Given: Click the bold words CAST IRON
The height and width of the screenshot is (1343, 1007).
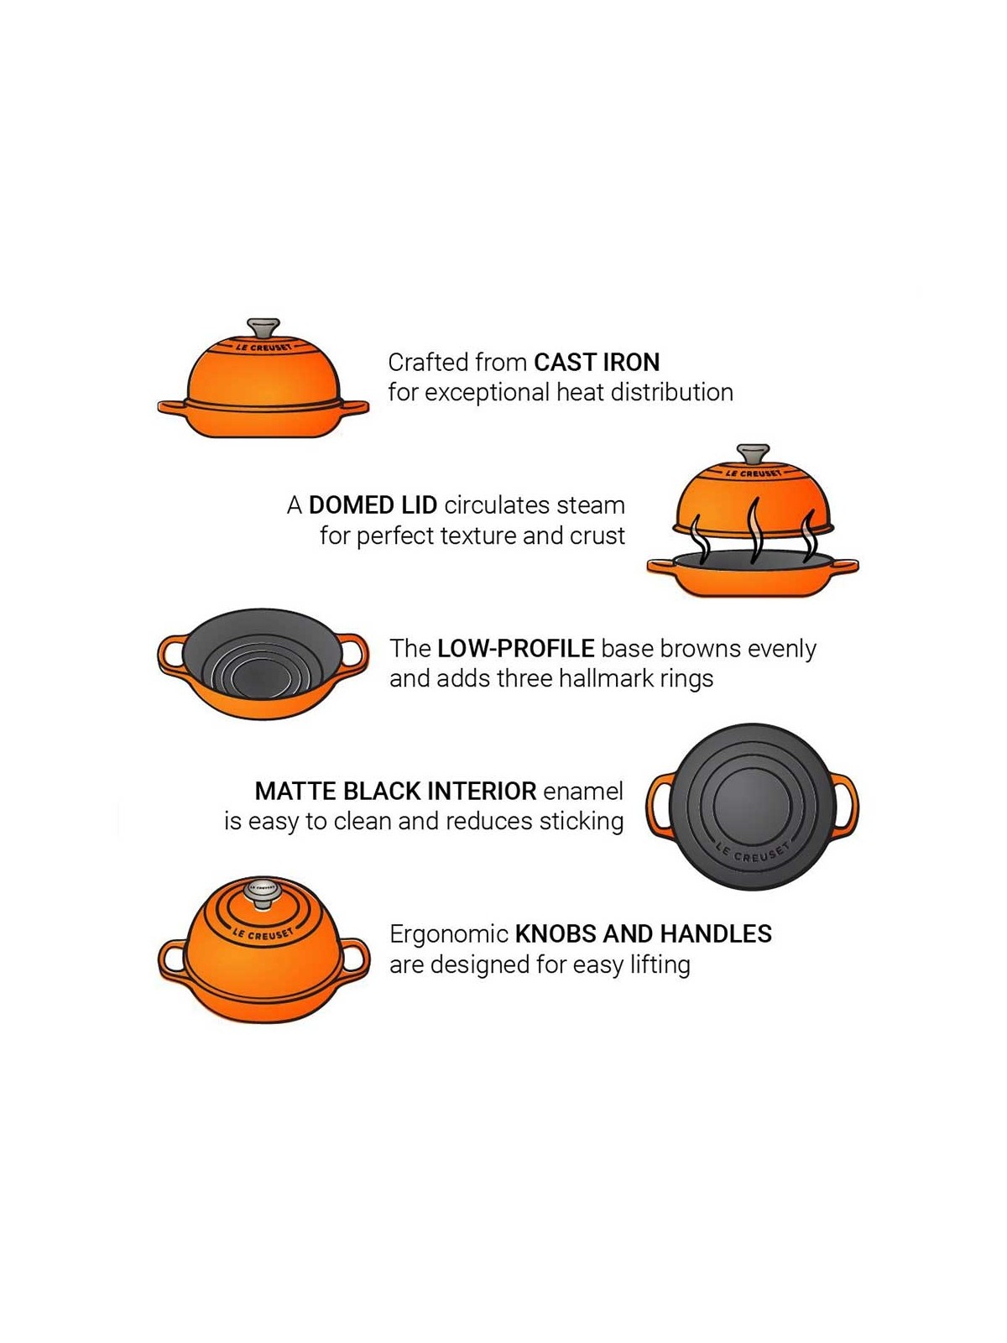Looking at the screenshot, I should pyautogui.click(x=597, y=363).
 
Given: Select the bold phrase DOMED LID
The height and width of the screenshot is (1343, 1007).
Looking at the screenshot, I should pyautogui.click(x=373, y=505).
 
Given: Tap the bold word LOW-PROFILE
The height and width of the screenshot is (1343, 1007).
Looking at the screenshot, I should pyautogui.click(x=515, y=649).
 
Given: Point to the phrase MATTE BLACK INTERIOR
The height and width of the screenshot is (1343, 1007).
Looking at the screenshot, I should pyautogui.click(x=395, y=792).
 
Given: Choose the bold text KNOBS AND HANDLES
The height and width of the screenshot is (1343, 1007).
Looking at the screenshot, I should pyautogui.click(x=643, y=934).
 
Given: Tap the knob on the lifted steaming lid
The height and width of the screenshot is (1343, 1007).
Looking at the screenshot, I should pyautogui.click(x=753, y=454).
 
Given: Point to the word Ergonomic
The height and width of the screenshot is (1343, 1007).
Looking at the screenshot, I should pyautogui.click(x=449, y=934).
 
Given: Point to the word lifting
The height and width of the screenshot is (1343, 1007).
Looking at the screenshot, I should pyautogui.click(x=660, y=965).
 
